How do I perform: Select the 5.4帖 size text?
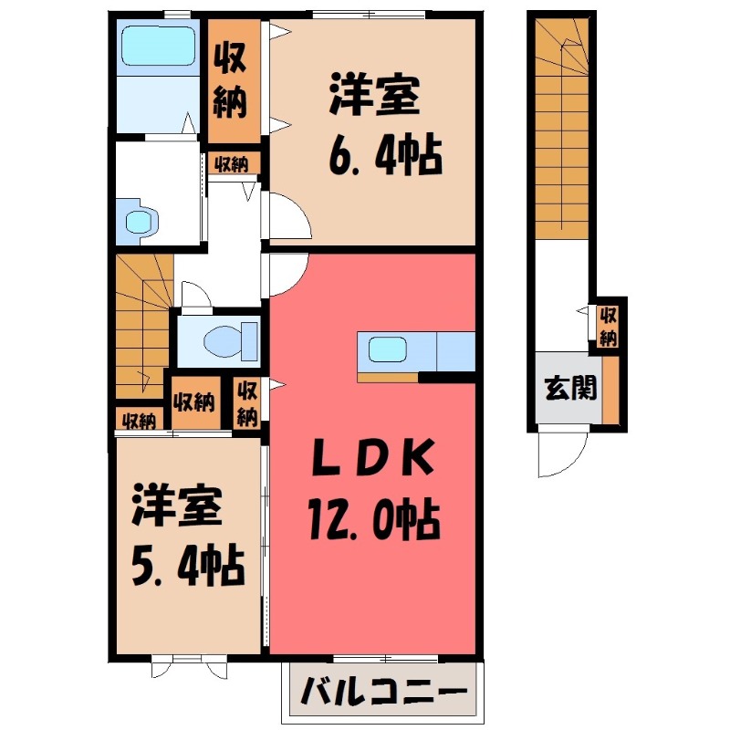(x=187, y=566)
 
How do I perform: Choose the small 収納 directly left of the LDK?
(x=246, y=402)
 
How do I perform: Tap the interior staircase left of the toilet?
(x=141, y=324)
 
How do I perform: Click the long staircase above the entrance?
(x=560, y=128)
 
